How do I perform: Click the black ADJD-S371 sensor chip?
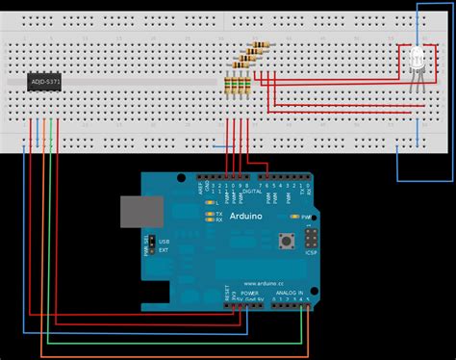coord(45,84)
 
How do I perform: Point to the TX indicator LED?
coord(209,213)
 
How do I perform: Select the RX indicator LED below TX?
coord(209,219)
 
